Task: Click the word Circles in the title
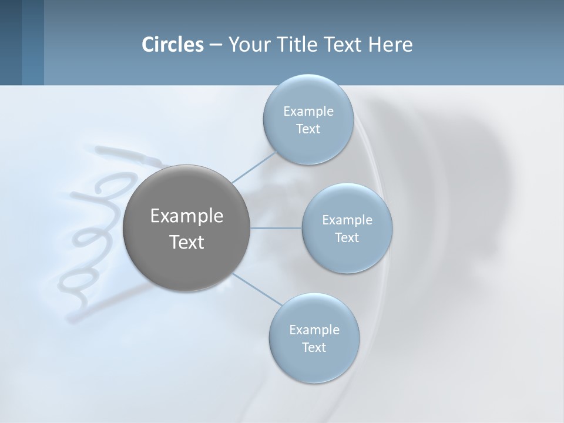coord(173,45)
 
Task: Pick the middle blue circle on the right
coord(347,256)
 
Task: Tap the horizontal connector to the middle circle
coord(276,228)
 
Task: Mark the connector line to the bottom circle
coord(257,289)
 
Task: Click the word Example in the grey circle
coord(187,216)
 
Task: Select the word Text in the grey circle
coord(187,242)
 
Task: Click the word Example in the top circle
coord(308,112)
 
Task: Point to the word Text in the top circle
coord(308,129)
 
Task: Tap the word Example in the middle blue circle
coord(347,220)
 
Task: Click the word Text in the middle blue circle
coord(347,238)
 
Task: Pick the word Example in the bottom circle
coord(314,330)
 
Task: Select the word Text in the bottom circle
coord(314,348)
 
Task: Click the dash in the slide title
coord(216,45)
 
